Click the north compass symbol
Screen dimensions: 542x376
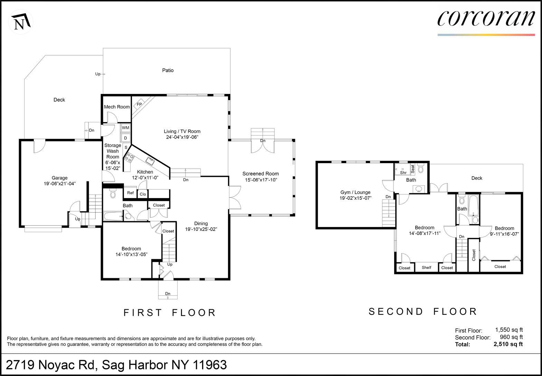coord(21,22)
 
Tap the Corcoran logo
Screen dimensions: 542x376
coord(486,21)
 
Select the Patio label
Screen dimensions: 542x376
coord(168,70)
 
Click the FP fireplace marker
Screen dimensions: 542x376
coord(139,104)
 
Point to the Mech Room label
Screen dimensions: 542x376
coord(117,107)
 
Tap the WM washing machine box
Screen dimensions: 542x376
coord(126,128)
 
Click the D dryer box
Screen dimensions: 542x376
coord(126,138)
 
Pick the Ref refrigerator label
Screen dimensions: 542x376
coord(130,193)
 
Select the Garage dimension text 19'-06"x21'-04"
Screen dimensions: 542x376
coord(59,184)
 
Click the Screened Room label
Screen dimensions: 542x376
coord(260,173)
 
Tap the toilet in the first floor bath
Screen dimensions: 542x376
coord(113,193)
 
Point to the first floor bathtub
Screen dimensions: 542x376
coord(113,216)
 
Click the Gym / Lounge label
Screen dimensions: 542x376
coord(355,192)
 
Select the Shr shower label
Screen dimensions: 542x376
coord(403,173)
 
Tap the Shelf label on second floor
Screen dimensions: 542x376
coord(426,267)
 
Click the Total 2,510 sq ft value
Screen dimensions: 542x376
coord(508,344)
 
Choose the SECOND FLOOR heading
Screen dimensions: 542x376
coord(423,312)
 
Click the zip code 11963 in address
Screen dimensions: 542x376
coord(210,365)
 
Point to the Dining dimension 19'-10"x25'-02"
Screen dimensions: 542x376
coord(201,229)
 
